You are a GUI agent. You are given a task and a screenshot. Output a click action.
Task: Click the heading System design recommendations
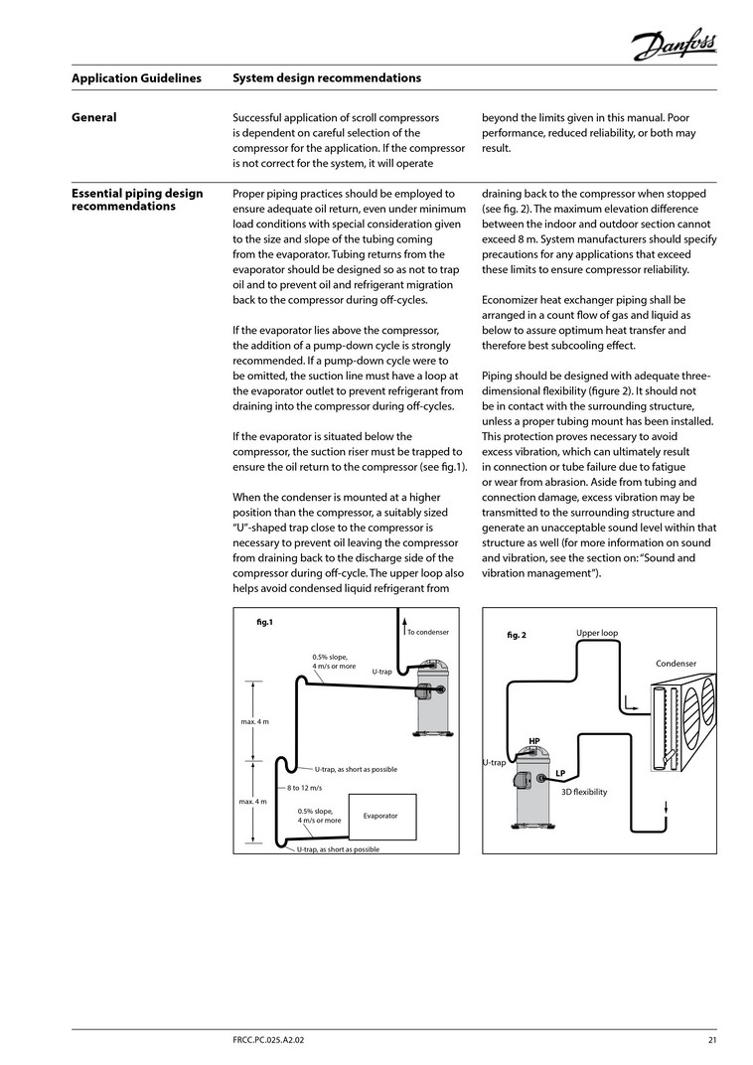(326, 78)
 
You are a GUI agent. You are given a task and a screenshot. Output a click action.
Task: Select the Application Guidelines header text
(136, 78)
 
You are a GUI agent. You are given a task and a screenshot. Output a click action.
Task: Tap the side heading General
(94, 117)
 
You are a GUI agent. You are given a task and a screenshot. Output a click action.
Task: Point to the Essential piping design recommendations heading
(137, 200)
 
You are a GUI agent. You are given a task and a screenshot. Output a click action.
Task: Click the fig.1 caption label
(264, 623)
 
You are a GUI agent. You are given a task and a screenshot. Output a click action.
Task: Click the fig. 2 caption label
(517, 635)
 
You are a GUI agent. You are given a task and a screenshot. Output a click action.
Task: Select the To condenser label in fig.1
(428, 632)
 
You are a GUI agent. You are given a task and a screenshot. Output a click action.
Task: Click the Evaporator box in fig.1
(380, 816)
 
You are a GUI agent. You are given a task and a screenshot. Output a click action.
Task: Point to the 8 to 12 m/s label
(305, 788)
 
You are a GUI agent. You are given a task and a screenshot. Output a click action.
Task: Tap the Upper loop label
(596, 633)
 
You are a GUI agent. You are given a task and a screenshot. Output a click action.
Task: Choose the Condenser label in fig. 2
(676, 663)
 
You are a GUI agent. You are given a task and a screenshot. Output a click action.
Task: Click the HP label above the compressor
(534, 741)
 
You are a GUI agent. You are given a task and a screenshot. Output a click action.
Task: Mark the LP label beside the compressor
(560, 773)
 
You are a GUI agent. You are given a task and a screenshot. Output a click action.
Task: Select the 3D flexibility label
(584, 792)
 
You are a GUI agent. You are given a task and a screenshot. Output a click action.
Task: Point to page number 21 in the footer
(712, 1040)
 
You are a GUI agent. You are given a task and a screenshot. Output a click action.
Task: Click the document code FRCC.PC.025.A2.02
(275, 1040)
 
